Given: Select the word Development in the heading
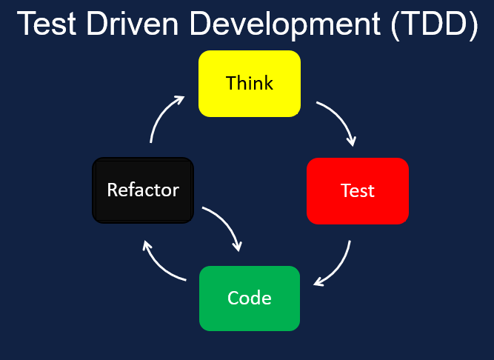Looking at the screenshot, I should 280,24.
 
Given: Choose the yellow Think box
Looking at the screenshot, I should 250,83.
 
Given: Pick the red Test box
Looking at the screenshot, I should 358,190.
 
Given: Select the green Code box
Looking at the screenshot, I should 250,298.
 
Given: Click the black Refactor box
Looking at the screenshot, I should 143,190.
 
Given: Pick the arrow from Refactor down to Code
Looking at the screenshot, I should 225,227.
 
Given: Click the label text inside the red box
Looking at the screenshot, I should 358,190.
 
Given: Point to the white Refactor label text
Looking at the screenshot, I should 143,190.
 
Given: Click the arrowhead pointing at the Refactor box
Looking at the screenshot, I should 147,246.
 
